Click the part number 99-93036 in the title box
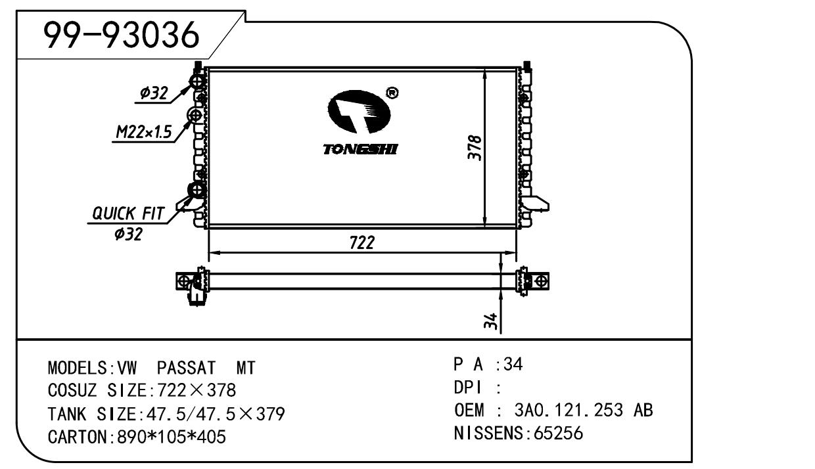pyautogui.click(x=122, y=35)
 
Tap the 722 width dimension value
pyautogui.click(x=362, y=242)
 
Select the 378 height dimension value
pyautogui.click(x=475, y=148)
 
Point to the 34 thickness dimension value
pyautogui.click(x=491, y=321)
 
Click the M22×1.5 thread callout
pyautogui.click(x=143, y=132)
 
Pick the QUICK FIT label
pyautogui.click(x=128, y=213)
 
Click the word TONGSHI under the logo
pyautogui.click(x=360, y=149)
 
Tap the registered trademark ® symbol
pyautogui.click(x=392, y=93)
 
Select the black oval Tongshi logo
pyautogui.click(x=359, y=111)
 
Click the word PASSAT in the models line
pyautogui.click(x=186, y=368)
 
